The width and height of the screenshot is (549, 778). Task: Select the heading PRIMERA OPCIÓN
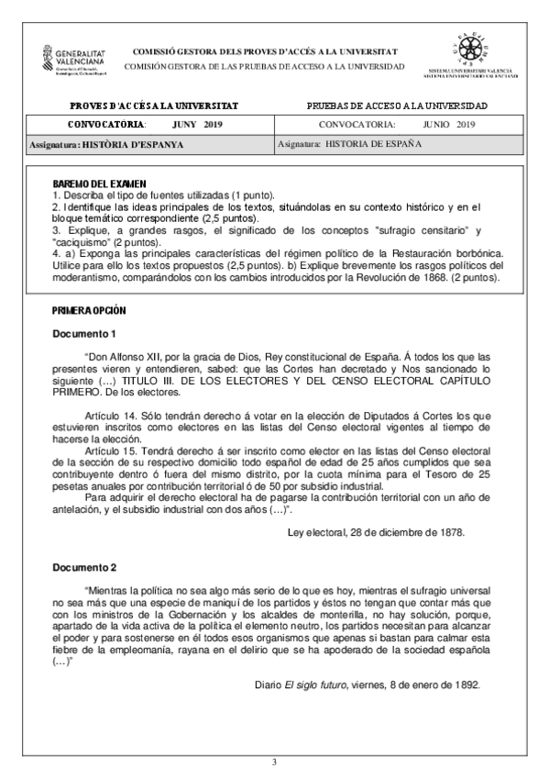point(89,312)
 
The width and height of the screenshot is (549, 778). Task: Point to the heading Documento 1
point(84,333)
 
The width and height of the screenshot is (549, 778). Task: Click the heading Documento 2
point(84,566)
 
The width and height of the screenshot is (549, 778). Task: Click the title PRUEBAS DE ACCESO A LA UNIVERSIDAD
point(397,106)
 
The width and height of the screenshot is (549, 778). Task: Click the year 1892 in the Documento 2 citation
point(465,684)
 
